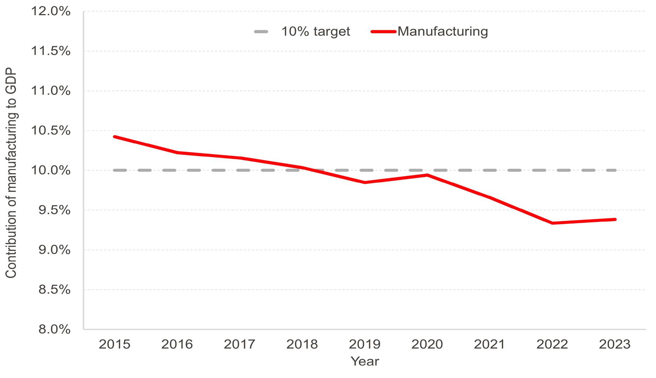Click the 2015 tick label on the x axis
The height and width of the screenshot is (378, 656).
click(x=114, y=344)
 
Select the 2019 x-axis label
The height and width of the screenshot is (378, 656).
click(x=365, y=344)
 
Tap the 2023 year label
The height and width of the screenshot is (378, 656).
click(x=615, y=344)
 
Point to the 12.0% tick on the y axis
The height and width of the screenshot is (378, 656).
click(x=51, y=12)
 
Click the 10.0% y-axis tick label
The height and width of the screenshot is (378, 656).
click(x=51, y=170)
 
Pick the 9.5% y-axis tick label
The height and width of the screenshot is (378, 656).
click(x=53, y=210)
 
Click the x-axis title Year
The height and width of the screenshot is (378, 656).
click(x=365, y=361)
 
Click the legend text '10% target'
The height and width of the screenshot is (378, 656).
click(x=315, y=32)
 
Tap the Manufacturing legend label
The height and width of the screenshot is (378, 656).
click(x=442, y=32)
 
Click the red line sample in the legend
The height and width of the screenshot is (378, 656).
click(x=383, y=32)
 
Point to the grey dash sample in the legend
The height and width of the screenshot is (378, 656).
click(x=261, y=32)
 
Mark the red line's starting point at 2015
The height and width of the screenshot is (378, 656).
click(x=114, y=136)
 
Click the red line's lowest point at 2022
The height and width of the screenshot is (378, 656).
click(x=553, y=223)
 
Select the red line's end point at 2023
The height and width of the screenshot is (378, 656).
click(x=615, y=220)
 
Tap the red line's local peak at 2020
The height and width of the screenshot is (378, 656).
click(x=427, y=175)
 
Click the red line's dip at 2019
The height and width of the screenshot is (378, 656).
click(x=365, y=182)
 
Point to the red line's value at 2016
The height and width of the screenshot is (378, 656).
click(x=177, y=153)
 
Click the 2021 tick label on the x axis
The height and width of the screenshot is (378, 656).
click(x=490, y=344)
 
